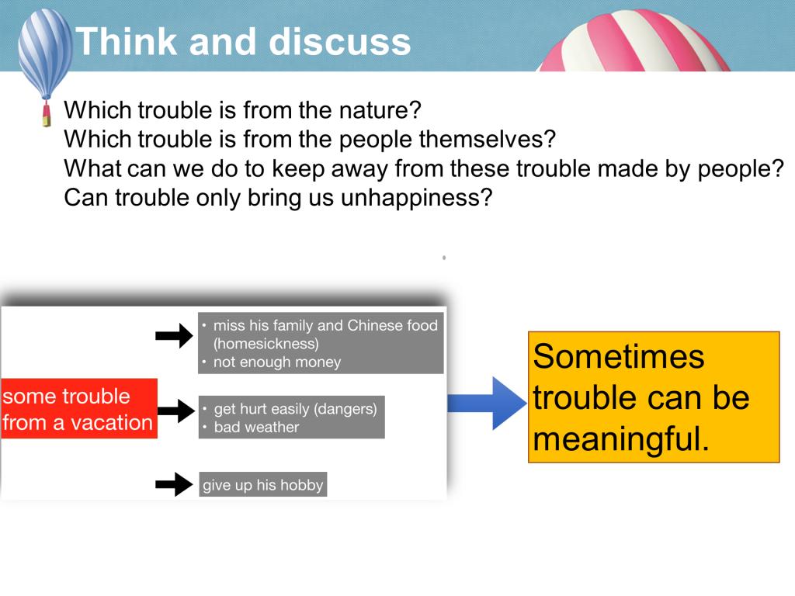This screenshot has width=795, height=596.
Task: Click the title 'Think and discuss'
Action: [243, 42]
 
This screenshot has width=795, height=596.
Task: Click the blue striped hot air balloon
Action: [44, 54]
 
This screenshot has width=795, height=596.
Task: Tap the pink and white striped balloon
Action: [634, 40]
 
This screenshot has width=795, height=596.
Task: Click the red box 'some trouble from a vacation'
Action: [78, 408]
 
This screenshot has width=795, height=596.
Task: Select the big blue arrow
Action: [487, 404]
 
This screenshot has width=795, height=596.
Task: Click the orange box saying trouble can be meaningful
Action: [654, 397]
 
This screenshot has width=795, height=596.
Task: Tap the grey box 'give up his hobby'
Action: [262, 484]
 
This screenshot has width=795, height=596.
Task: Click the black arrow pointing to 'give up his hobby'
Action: [174, 484]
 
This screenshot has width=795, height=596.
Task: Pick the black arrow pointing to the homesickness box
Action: [174, 335]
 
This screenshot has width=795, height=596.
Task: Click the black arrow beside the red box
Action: [176, 411]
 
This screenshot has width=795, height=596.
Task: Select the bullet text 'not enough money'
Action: [277, 362]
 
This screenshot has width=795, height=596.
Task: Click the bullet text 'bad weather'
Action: [256, 428]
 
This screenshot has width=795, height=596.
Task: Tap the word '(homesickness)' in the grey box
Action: [266, 344]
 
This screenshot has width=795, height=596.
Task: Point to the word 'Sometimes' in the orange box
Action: [619, 357]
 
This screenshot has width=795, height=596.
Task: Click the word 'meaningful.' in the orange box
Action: [620, 439]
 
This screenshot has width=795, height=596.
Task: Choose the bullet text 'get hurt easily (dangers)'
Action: [295, 409]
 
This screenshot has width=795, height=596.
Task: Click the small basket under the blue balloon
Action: [47, 116]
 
